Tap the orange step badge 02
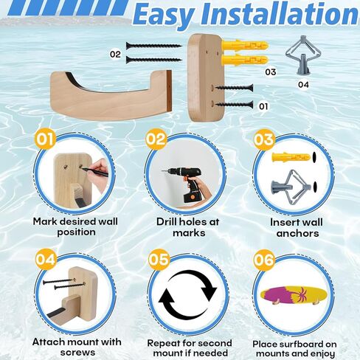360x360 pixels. pyautogui.click(x=156, y=139)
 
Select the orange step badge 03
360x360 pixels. pyautogui.click(x=263, y=139)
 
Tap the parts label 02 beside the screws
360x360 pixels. pyautogui.click(x=116, y=54)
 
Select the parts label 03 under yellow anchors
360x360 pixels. pyautogui.click(x=270, y=72)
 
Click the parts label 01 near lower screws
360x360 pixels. pyautogui.click(x=263, y=105)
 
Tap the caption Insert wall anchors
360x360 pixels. pyautogui.click(x=295, y=227)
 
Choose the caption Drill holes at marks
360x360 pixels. pyautogui.click(x=189, y=227)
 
